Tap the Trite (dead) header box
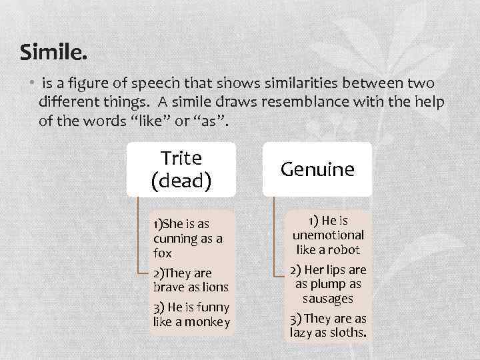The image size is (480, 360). (x=181, y=169)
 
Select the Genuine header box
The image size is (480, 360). (x=317, y=169)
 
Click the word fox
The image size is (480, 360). (x=162, y=253)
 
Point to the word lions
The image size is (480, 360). (x=214, y=287)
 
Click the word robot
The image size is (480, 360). (x=343, y=250)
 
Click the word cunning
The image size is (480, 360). (x=174, y=239)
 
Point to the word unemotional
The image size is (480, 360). (x=328, y=235)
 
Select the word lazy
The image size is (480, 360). (x=302, y=332)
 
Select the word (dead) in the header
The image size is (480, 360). (x=181, y=181)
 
